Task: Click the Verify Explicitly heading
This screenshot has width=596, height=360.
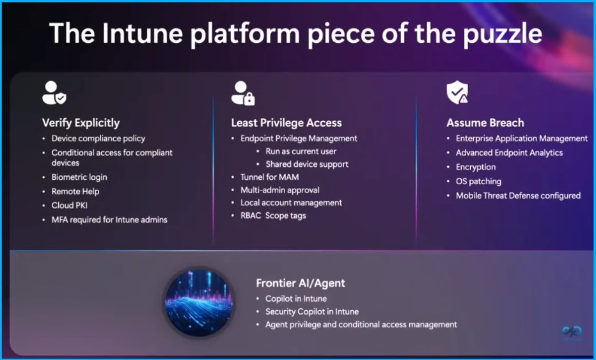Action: point(81,123)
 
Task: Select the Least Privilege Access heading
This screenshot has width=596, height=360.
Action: point(286,123)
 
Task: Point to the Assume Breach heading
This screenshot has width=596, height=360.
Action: point(485,123)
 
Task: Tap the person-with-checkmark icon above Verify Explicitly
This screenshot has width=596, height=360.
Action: point(54,93)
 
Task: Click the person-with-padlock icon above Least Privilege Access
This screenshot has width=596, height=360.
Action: point(243,93)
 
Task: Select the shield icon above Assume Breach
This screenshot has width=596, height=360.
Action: point(457,93)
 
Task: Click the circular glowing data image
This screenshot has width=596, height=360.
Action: point(200,302)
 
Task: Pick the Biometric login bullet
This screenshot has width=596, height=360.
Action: point(79,177)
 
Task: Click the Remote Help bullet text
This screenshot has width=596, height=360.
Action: point(75,191)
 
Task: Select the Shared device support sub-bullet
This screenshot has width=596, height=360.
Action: point(307,164)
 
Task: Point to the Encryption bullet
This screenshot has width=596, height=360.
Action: point(476,167)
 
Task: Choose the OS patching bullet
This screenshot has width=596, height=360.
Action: point(478,182)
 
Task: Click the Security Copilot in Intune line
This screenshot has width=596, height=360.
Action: point(312,311)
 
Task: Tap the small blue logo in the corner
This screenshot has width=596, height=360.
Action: point(572,333)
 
